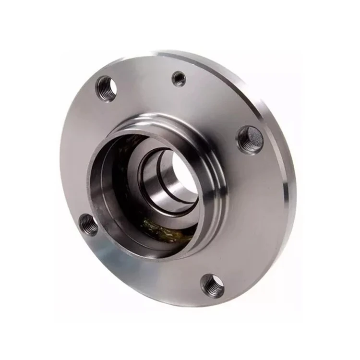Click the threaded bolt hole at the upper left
click(106, 88)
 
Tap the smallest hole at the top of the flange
click(179, 79)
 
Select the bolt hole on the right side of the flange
click(250, 139)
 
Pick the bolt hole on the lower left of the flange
click(88, 224)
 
